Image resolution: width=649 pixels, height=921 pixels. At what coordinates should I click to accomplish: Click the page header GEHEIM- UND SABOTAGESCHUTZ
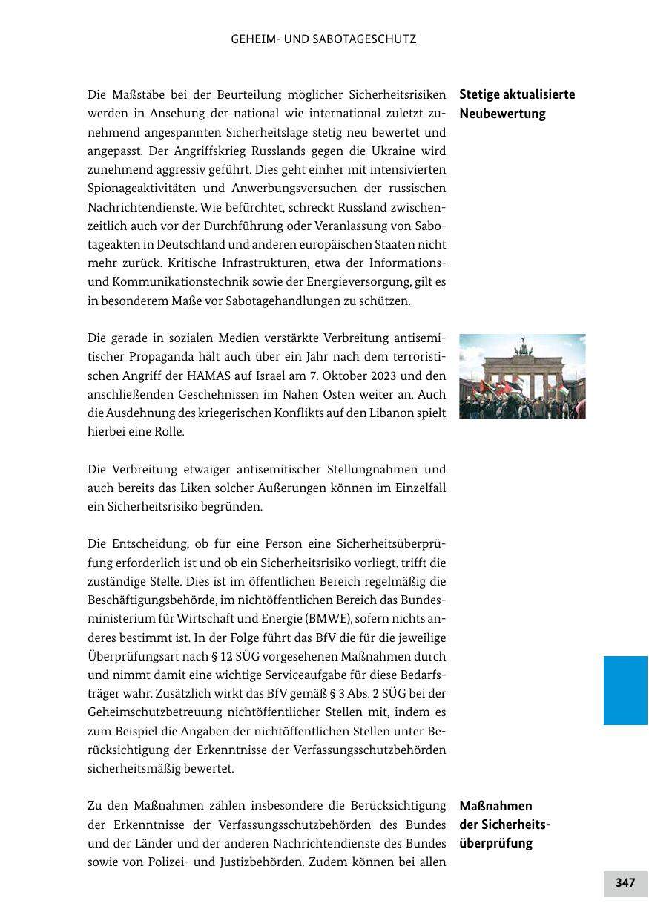(323, 39)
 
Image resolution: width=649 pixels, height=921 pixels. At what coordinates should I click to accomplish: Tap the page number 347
(625, 882)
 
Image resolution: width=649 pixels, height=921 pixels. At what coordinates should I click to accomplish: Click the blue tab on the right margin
(625, 689)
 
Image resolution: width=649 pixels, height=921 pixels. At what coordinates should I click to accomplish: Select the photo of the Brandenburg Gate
(522, 376)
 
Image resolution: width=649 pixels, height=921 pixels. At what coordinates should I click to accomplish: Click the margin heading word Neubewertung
(502, 114)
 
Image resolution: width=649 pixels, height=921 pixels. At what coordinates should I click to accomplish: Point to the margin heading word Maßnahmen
(495, 806)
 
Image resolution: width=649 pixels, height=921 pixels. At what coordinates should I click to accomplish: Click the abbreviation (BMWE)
(319, 619)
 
